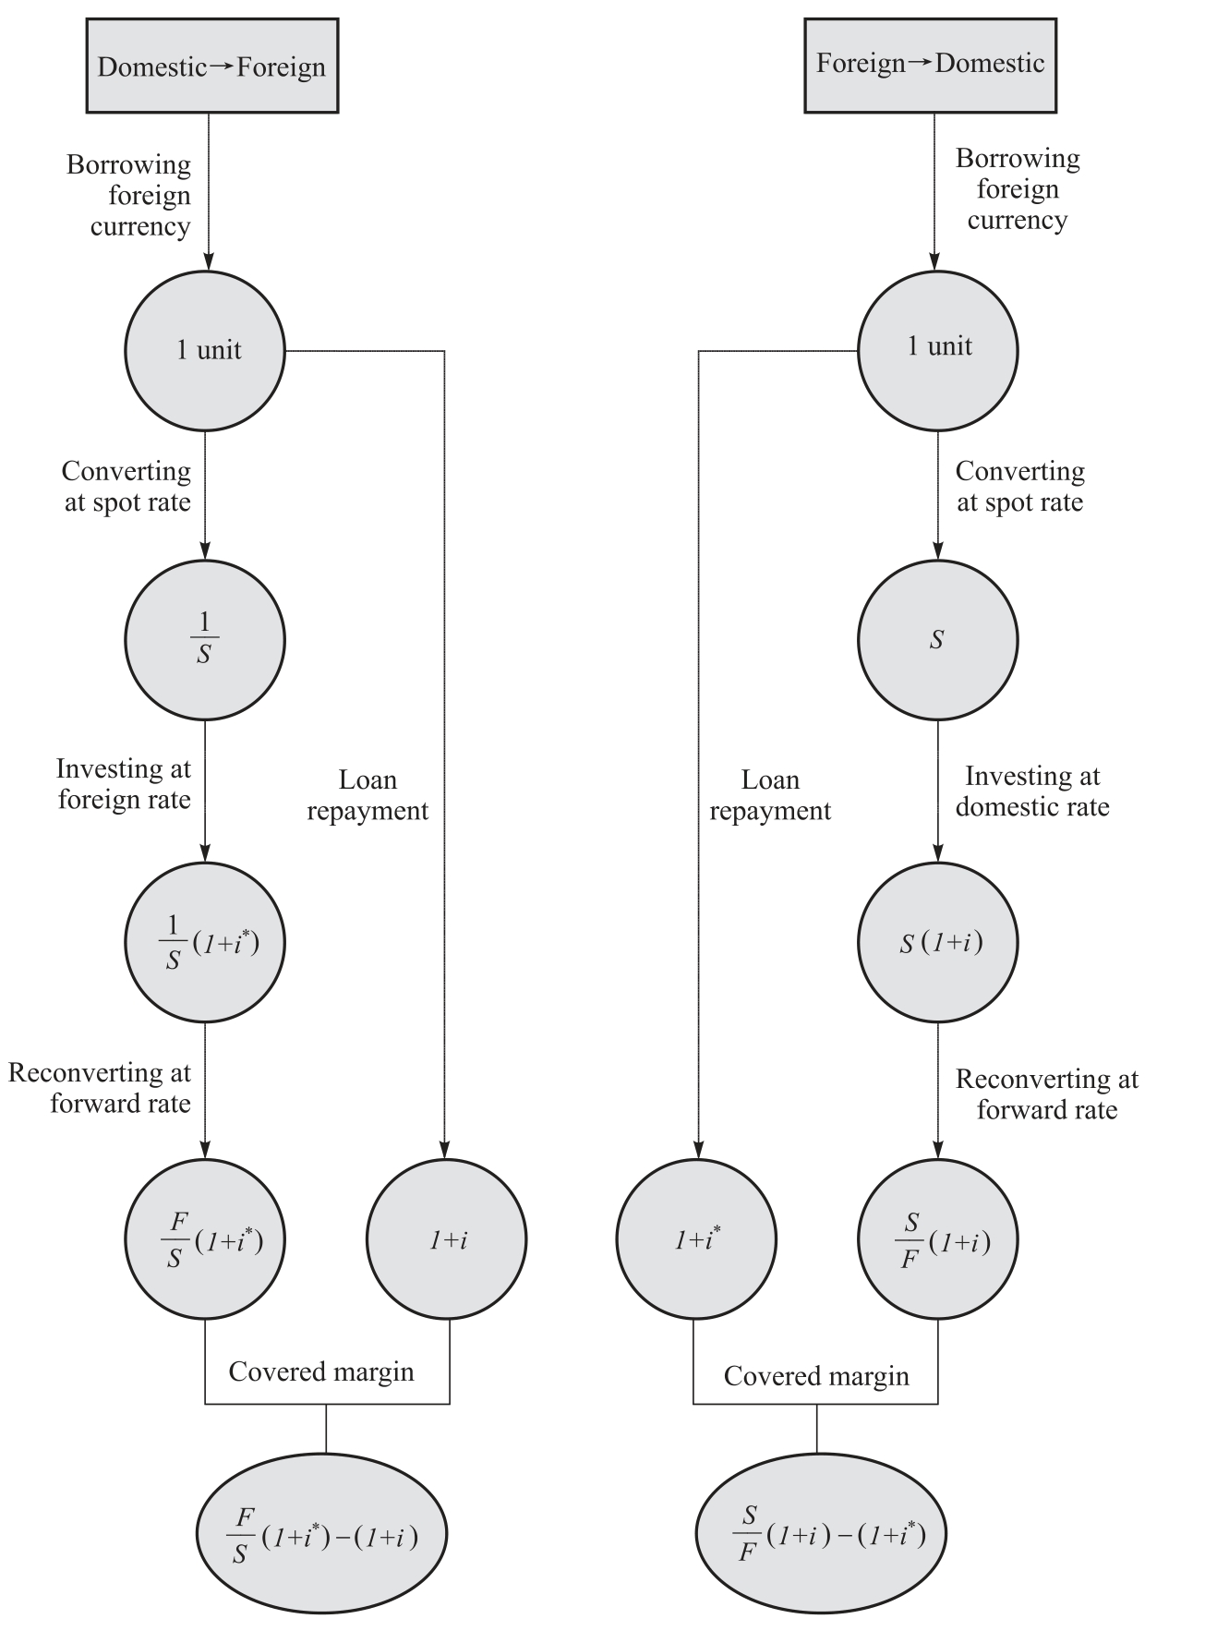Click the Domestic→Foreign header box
point(211,66)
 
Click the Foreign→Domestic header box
point(930,64)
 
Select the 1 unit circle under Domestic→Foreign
point(205,351)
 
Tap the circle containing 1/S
point(205,640)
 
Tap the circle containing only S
point(938,640)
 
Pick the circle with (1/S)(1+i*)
point(205,942)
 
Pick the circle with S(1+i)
point(938,942)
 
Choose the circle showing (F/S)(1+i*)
point(205,1239)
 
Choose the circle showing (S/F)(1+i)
point(938,1239)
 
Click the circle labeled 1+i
point(448,1239)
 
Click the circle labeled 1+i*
point(696,1239)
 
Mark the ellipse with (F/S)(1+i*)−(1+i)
point(322,1534)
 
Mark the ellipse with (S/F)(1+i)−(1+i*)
point(821,1534)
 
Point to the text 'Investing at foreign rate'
point(124,784)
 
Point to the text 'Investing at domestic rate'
point(1032,791)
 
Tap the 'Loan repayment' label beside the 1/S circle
point(368,795)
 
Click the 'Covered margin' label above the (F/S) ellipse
point(321,1371)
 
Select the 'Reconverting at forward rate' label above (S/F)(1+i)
point(1046,1093)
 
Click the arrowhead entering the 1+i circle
point(445,1151)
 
